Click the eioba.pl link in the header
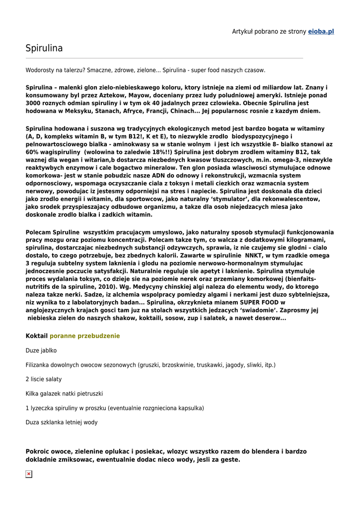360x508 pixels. point(321,31)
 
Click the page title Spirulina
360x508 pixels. point(44,48)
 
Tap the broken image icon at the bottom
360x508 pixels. point(29,474)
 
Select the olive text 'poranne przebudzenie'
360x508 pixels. point(85,336)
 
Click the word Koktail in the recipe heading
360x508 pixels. point(37,336)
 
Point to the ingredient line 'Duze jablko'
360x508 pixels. point(41,351)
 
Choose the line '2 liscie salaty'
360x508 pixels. point(44,379)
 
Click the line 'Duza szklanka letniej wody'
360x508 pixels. point(62,423)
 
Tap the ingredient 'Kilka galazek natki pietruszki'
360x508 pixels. point(64,393)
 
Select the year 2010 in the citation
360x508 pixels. point(105,286)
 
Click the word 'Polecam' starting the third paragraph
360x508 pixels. point(38,232)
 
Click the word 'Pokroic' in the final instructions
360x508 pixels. point(38,452)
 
